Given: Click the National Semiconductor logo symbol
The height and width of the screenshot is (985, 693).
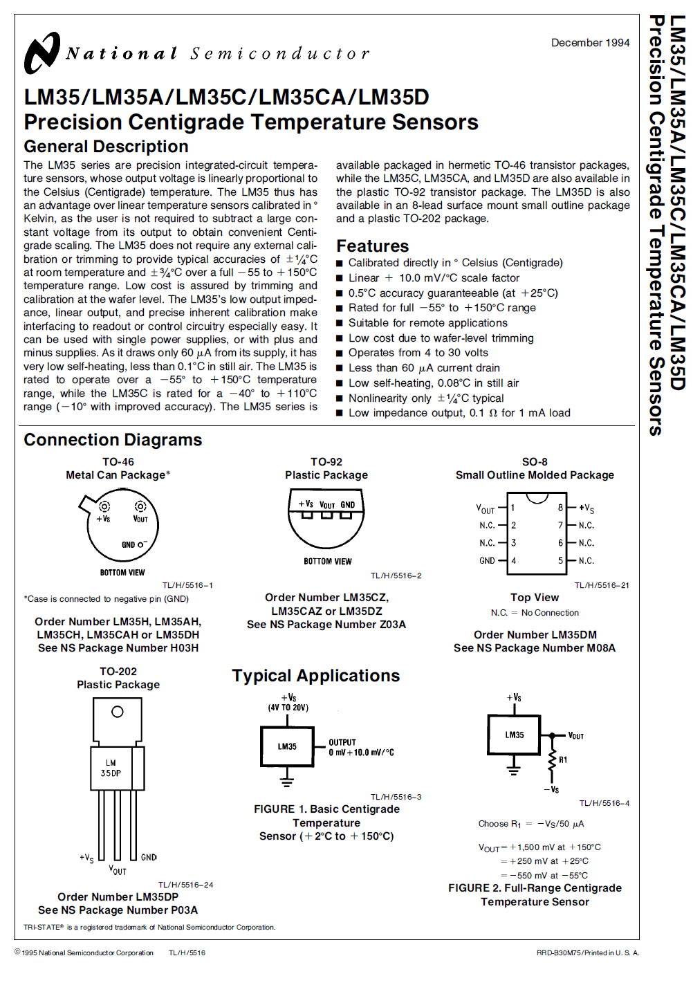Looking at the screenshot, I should tap(42, 53).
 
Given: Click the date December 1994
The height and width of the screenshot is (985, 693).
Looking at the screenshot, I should tap(590, 43).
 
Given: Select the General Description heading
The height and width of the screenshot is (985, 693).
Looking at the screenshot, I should tap(106, 147).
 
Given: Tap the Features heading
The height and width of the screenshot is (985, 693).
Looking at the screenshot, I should tap(372, 246).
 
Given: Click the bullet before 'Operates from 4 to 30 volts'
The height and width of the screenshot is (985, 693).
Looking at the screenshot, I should tap(340, 353).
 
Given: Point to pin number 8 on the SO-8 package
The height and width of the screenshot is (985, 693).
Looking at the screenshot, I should tap(561, 508).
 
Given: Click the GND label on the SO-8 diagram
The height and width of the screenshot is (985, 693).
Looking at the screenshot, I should tap(487, 561).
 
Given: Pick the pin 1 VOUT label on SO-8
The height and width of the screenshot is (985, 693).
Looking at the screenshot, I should tap(486, 508).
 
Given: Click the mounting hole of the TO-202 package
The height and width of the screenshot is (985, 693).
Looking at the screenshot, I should tap(118, 712).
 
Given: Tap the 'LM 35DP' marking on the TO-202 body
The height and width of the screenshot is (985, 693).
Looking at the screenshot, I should tap(111, 768).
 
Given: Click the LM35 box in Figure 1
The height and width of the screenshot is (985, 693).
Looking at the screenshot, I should tap(287, 746).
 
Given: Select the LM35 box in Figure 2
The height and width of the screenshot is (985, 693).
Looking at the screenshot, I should tap(515, 735).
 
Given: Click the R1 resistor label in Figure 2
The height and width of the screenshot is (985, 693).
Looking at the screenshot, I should tap(563, 760).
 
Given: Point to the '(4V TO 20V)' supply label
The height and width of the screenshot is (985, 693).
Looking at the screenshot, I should tap(288, 708).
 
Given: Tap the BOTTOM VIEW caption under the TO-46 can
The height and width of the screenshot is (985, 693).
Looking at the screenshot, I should tap(122, 573).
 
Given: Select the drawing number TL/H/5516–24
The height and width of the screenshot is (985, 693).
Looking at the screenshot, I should tap(185, 885).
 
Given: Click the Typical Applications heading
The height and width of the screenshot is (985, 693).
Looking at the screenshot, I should tap(315, 676).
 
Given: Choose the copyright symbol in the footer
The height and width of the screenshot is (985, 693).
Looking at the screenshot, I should tap(17, 952).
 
